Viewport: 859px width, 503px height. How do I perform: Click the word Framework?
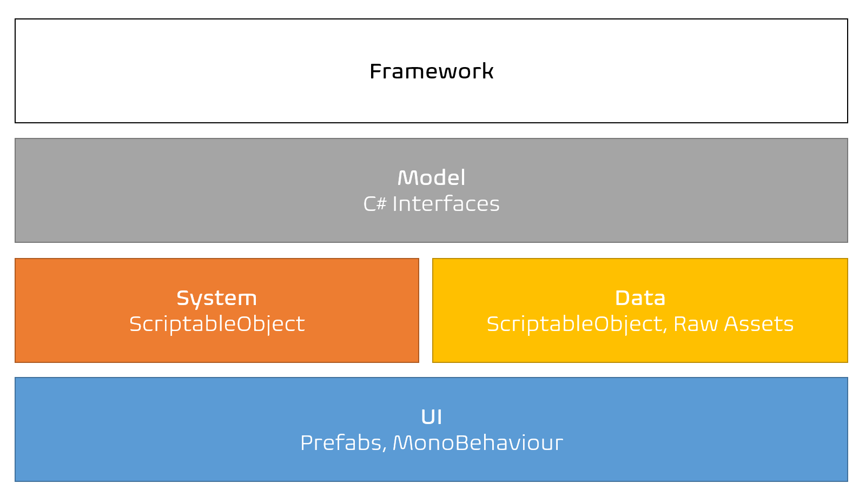432,71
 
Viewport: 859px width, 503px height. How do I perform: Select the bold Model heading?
432,178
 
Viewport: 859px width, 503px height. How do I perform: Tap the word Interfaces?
446,203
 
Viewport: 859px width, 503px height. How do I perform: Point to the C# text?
375,203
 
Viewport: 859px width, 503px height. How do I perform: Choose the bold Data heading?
640,298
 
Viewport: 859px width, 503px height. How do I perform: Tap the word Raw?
696,324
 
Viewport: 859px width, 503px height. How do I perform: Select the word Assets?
759,324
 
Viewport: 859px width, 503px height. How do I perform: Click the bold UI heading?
432,417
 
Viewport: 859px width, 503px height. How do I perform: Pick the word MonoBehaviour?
478,443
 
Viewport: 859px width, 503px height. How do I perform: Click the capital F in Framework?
376,71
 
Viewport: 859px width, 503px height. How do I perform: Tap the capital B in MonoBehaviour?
462,443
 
